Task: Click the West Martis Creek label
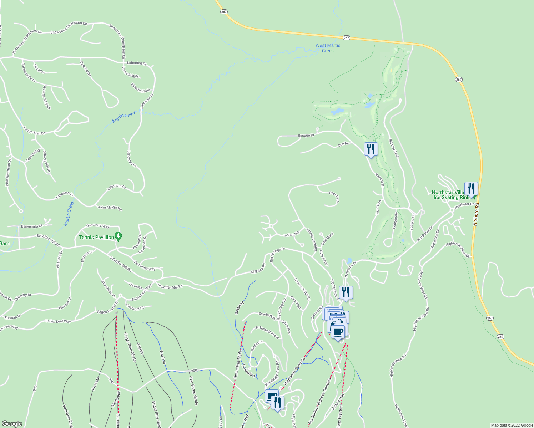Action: pos(328,48)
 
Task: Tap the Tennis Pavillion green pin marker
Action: pos(119,236)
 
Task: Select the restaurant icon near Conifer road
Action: pos(371,149)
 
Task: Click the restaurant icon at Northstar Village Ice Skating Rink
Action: pos(471,189)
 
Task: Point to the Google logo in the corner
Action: pos(12,423)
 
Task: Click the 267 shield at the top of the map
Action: pos(224,12)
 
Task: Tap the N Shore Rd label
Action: pos(476,214)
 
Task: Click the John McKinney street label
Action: pos(110,207)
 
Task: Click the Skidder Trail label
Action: pos(393,148)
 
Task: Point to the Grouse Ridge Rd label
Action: pos(302,289)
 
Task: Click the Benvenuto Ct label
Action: pos(32,226)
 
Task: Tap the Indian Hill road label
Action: pos(291,234)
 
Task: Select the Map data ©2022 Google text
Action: pos(512,425)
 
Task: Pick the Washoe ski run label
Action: pos(162,357)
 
